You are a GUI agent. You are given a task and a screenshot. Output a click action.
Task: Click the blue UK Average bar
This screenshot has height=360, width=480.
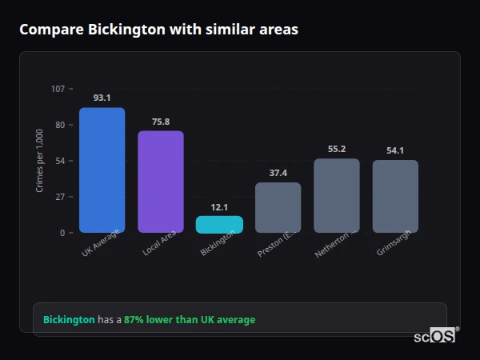(102, 170)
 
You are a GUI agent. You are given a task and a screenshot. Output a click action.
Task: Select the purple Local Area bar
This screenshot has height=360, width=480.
(161, 182)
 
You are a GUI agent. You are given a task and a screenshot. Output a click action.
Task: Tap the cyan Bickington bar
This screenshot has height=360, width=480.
(219, 224)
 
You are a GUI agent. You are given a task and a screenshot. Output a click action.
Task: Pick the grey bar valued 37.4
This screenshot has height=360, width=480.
(278, 207)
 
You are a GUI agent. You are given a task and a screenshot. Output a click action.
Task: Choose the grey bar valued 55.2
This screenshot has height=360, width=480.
(337, 195)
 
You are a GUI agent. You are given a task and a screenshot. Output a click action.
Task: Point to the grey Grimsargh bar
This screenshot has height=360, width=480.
(395, 196)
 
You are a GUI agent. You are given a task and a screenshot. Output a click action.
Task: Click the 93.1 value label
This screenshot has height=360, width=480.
(102, 98)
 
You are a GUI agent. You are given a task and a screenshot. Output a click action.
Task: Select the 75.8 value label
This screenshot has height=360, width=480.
(161, 122)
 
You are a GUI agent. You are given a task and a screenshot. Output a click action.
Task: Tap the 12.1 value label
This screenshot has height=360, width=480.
(219, 206)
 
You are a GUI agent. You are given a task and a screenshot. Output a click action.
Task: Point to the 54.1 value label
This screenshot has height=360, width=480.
(395, 150)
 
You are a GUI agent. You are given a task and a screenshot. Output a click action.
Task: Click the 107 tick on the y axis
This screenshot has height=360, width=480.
(58, 89)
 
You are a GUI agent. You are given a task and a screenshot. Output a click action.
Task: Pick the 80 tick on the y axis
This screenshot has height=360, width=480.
(59, 125)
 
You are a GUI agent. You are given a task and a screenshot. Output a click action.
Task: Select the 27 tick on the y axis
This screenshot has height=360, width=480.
(59, 197)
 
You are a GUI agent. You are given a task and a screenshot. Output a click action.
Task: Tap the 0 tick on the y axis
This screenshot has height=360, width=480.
(62, 233)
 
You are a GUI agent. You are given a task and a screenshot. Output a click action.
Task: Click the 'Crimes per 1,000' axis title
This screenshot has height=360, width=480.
(40, 161)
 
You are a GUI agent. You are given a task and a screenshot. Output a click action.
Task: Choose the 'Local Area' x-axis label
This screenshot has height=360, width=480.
(159, 243)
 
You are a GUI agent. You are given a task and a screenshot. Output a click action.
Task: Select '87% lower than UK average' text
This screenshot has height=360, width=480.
(190, 320)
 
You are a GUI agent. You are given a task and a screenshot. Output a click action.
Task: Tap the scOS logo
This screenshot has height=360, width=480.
(434, 336)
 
